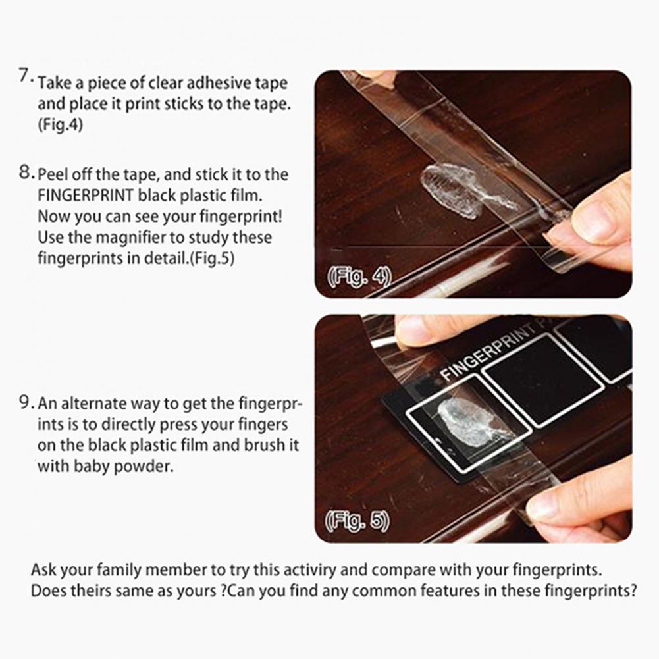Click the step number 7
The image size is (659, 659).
[x=25, y=76]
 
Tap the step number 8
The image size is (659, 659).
[x=26, y=172]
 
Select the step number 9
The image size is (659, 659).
[x=26, y=402]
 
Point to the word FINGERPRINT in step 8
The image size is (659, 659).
[x=86, y=195]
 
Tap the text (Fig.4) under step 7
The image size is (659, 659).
[x=60, y=125]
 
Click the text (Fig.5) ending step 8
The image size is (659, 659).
[x=212, y=258]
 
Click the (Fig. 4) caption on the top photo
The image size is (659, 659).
[x=359, y=276]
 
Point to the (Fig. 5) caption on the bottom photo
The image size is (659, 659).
[x=357, y=521]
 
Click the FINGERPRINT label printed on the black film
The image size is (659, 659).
[x=488, y=351]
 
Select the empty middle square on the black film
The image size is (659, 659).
[x=542, y=381]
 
